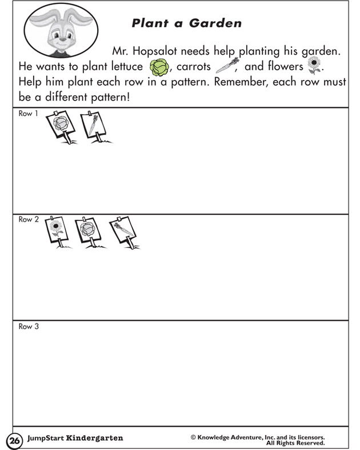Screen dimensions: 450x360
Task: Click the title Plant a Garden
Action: pyautogui.click(x=186, y=23)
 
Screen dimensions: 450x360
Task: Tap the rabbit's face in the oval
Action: pyautogui.click(x=61, y=36)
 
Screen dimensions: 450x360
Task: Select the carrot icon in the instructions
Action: pyautogui.click(x=226, y=67)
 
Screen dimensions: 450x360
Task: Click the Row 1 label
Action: pyautogui.click(x=28, y=114)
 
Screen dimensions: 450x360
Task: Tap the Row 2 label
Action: pyautogui.click(x=28, y=220)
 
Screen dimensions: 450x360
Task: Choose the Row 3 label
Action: pyautogui.click(x=28, y=327)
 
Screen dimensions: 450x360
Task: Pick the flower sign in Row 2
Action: pyautogui.click(x=56, y=231)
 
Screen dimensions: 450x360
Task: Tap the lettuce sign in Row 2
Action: pyautogui.click(x=88, y=231)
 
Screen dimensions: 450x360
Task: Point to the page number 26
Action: pyautogui.click(x=14, y=440)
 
